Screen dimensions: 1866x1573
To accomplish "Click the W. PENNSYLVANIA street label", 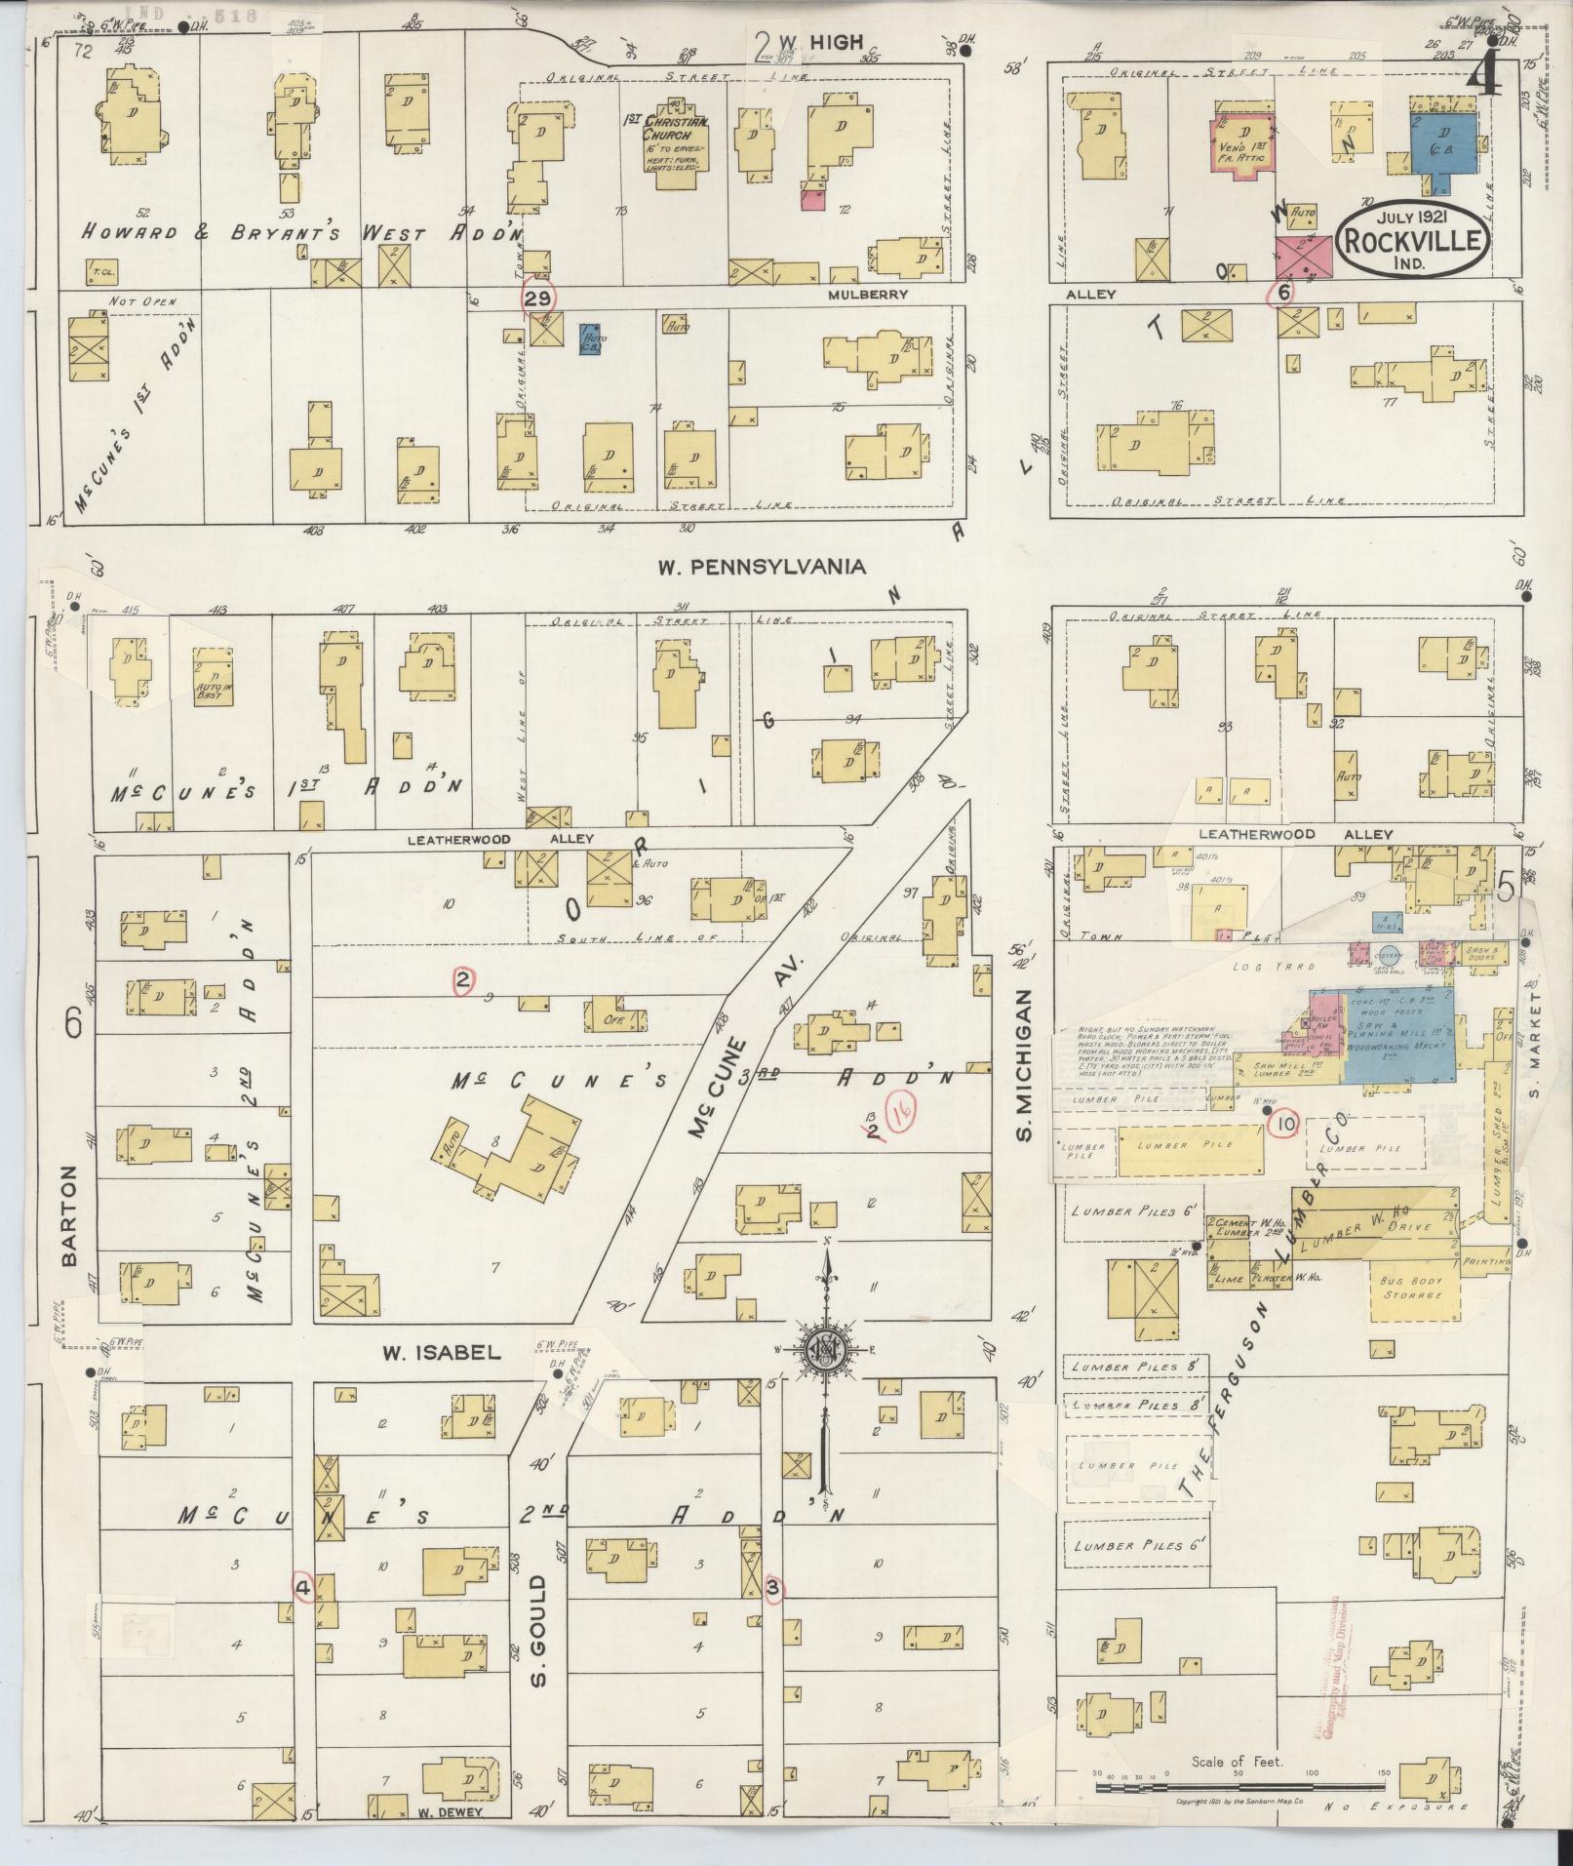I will coord(761,566).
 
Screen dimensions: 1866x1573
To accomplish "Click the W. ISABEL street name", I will coord(441,1352).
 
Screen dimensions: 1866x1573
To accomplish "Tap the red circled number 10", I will coord(1284,1125).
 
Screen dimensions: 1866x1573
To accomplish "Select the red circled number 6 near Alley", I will coord(1284,291).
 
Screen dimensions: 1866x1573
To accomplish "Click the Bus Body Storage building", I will coord(1411,1287).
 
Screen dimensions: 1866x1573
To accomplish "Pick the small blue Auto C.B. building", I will coord(590,339).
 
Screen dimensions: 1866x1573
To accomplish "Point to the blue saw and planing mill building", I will coord(1399,1034).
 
